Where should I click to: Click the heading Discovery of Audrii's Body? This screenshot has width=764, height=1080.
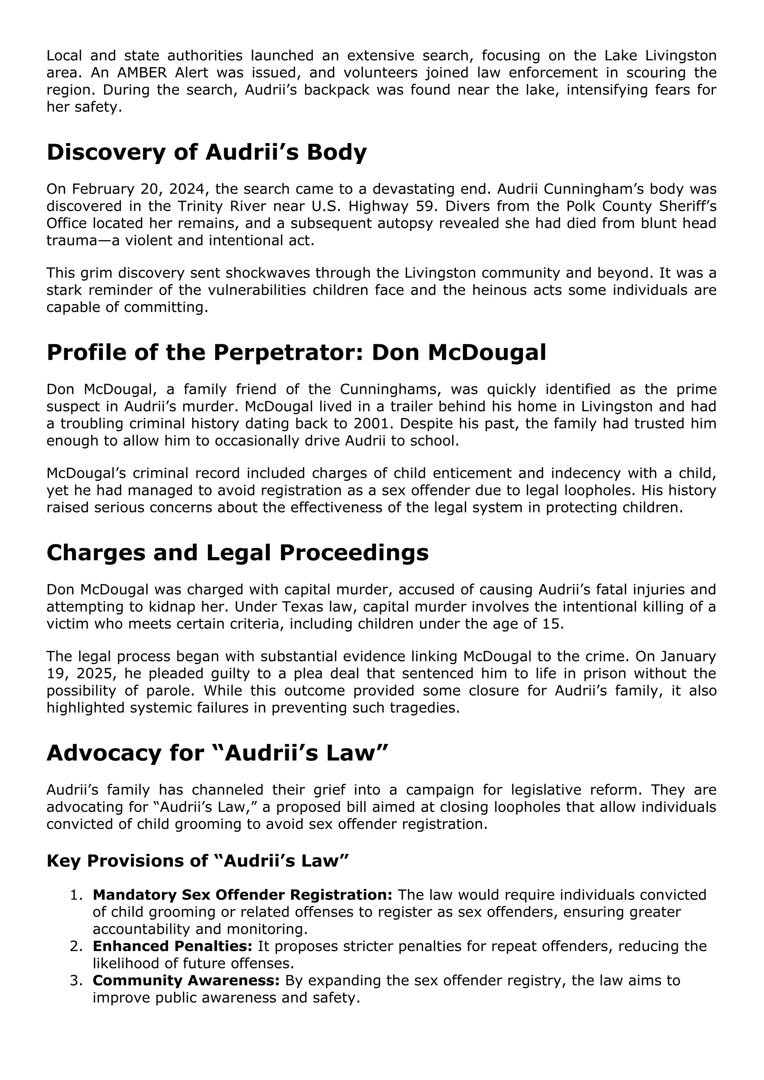pos(207,153)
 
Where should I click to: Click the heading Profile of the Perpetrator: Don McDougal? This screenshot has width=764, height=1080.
pos(296,352)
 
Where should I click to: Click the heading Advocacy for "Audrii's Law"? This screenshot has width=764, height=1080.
pos(217,753)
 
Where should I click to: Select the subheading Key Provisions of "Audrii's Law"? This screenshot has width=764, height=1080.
pos(198,861)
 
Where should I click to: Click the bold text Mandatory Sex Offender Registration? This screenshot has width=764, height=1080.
pos(242,895)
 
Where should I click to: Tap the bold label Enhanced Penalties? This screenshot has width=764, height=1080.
pos(172,946)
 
